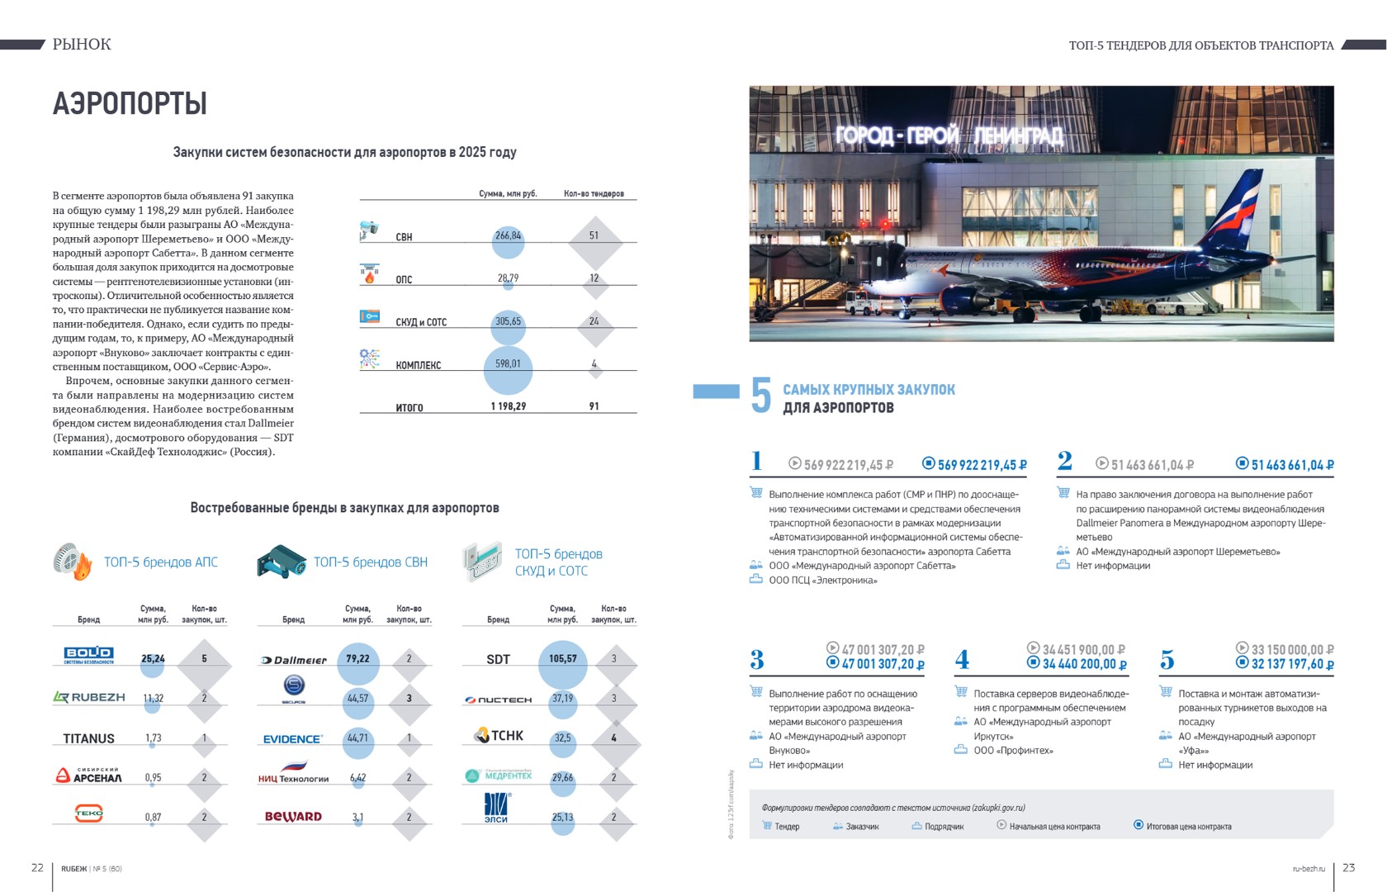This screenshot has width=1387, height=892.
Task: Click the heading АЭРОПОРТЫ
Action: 130,104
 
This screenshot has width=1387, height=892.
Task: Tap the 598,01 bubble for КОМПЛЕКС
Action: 508,364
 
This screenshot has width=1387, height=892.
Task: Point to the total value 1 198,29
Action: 508,406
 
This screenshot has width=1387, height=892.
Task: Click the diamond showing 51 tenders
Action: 594,235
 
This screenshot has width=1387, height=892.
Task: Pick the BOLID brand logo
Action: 88,655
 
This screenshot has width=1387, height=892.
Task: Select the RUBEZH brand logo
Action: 89,698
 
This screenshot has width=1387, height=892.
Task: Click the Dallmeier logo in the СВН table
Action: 294,660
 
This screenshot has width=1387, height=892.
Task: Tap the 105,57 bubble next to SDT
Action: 562,659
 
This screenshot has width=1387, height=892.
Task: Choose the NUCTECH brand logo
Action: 498,700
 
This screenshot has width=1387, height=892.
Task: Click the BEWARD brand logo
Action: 293,817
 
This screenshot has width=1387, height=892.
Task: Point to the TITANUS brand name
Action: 88,738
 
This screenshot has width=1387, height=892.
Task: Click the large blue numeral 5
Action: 760,396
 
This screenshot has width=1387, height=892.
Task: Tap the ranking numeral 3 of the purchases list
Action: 756,660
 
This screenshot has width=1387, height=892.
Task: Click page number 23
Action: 1348,867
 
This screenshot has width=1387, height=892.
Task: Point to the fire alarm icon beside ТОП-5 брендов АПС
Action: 72,562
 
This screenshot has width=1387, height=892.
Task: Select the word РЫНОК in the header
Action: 82,45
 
